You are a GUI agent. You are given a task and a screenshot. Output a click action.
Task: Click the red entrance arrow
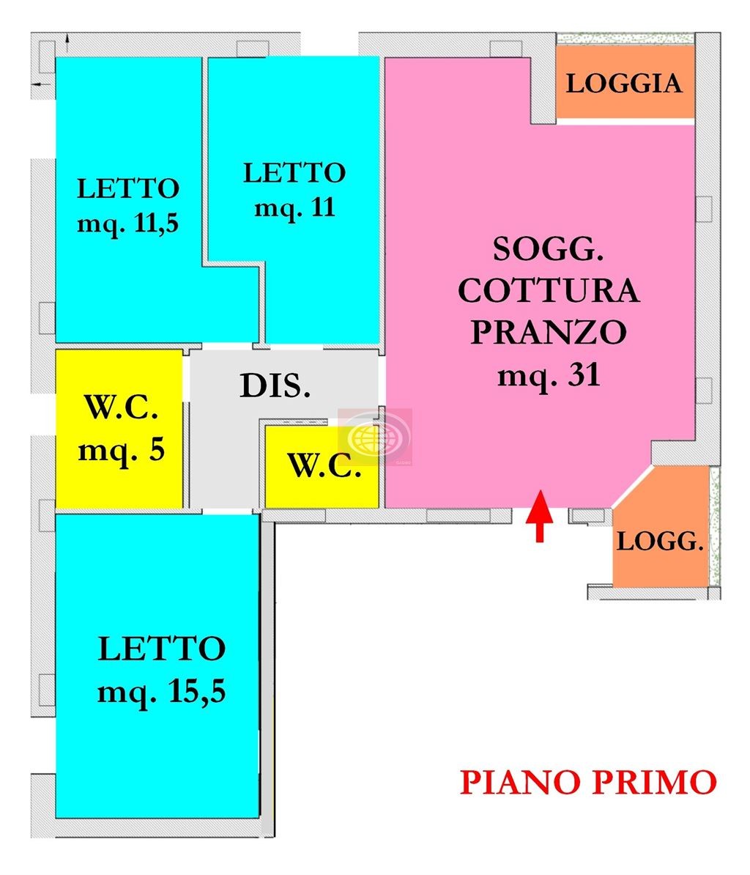coord(539,516)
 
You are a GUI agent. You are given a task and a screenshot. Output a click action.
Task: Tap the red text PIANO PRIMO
coord(588,782)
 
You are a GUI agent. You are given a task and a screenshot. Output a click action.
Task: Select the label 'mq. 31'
coord(549,375)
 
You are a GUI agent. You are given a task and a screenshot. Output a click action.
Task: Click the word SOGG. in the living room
coord(548,249)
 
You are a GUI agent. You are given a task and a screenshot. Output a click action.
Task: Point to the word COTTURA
coord(549,291)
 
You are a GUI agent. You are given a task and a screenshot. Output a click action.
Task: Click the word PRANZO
coord(549,332)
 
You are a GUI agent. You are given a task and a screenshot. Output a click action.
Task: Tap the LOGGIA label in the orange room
coord(624,84)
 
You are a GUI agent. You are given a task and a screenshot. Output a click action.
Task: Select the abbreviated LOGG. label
coord(660,542)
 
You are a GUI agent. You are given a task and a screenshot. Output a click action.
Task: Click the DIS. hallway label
coord(275,385)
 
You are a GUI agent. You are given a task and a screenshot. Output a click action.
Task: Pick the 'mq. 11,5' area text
coord(127,224)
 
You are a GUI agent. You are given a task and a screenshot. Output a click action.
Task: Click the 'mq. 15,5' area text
coord(162,692)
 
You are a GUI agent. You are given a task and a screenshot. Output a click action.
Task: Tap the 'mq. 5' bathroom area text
coord(121,450)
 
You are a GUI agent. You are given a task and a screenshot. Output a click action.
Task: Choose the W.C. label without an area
coord(324,465)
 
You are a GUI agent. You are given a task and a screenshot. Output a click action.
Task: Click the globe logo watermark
coord(375,437)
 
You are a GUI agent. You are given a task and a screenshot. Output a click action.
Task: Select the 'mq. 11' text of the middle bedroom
coord(294,207)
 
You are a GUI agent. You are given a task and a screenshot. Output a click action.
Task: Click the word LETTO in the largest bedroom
coord(162,649)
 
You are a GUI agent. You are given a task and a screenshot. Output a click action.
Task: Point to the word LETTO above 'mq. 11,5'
coord(128,188)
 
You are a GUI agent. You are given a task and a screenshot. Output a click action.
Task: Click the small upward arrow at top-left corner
coord(67,38)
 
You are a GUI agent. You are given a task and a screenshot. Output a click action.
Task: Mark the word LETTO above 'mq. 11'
coord(294,173)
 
